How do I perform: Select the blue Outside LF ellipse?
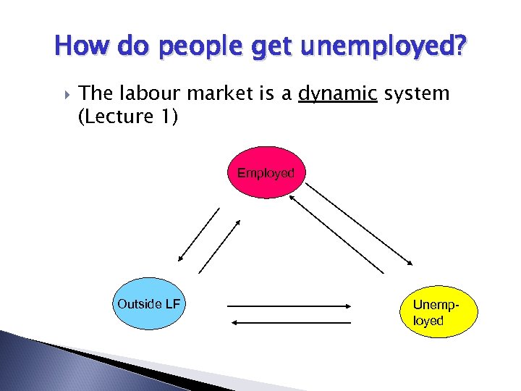tap(149, 303)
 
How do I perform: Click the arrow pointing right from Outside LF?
tap(289, 306)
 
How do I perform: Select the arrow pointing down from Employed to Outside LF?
tap(198, 234)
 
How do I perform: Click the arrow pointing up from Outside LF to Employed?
tap(219, 245)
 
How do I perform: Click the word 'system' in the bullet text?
tap(416, 93)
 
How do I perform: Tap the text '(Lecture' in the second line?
tap(112, 117)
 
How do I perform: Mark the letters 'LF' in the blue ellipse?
tap(172, 303)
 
